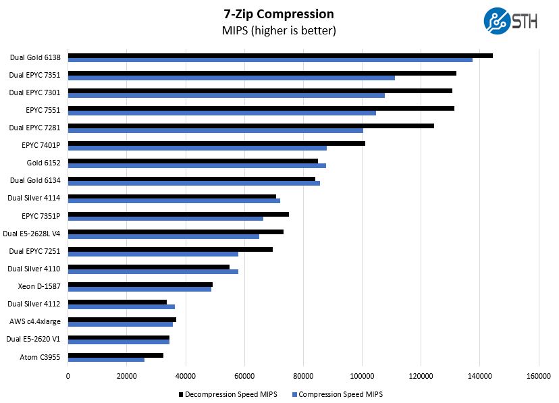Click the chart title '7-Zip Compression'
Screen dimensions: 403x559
click(279, 14)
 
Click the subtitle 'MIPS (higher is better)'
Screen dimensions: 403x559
click(279, 31)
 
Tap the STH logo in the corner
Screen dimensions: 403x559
click(510, 20)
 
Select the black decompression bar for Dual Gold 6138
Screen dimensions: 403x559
click(280, 55)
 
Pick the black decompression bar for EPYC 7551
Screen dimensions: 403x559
click(261, 108)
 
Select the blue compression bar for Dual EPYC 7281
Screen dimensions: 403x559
click(215, 130)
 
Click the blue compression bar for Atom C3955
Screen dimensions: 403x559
click(106, 359)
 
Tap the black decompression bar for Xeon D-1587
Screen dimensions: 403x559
click(140, 284)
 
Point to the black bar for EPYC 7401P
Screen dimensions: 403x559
click(216, 143)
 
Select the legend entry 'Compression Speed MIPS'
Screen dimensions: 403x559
click(340, 394)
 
